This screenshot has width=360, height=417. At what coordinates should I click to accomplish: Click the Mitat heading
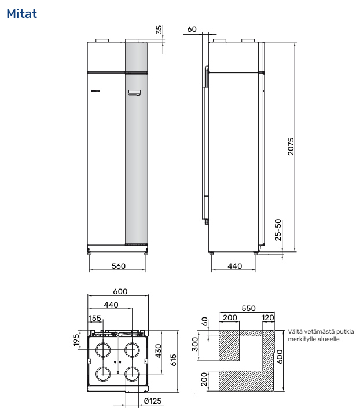tap(22, 14)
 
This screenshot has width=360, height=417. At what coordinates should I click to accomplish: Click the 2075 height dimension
tap(291, 147)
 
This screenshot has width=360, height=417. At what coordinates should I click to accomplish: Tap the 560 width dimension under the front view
tap(119, 266)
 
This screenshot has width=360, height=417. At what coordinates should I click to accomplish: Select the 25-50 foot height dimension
tap(278, 230)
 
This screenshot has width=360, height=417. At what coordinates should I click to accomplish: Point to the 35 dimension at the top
tap(159, 30)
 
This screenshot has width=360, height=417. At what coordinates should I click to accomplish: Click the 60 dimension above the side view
tap(192, 29)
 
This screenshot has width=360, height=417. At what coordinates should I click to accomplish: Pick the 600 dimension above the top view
tap(120, 291)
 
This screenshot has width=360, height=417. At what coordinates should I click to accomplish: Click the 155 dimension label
tap(95, 318)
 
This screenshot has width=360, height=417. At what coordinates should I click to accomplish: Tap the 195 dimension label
tap(76, 341)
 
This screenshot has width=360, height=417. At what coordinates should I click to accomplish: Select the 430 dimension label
tap(158, 351)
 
